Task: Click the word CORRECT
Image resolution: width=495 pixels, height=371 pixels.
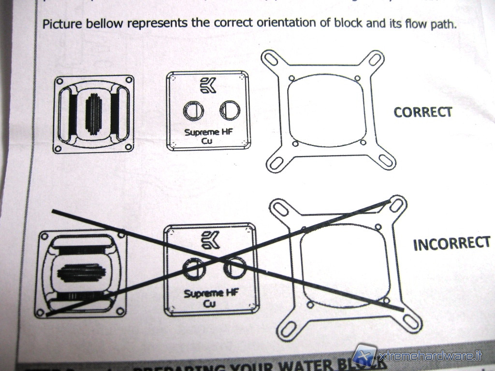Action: click(x=423, y=112)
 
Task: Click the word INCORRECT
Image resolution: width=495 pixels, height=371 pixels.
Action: click(x=451, y=243)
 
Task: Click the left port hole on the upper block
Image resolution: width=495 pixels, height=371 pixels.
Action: click(x=193, y=111)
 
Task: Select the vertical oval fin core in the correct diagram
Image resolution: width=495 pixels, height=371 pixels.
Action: click(x=95, y=114)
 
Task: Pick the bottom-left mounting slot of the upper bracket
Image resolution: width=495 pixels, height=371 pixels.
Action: click(x=277, y=162)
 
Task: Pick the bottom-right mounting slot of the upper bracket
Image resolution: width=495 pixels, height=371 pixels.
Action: click(x=386, y=161)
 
